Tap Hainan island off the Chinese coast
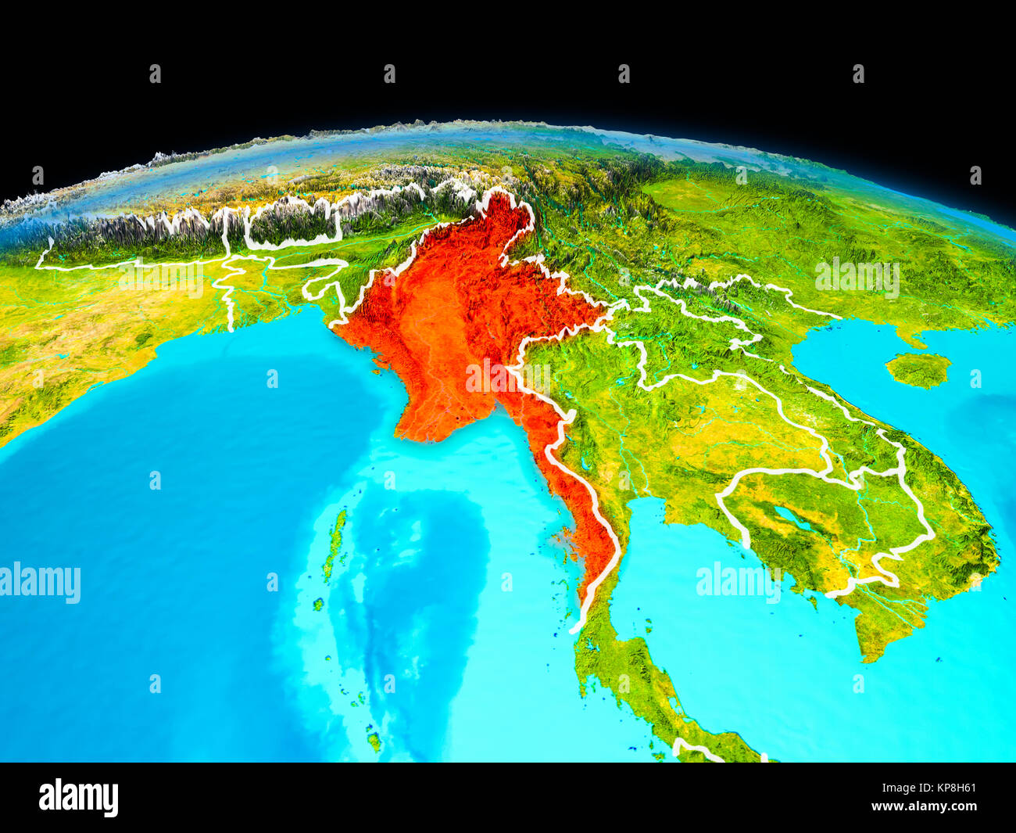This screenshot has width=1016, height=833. [x=918, y=369]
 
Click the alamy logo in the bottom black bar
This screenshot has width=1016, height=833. [x=78, y=797]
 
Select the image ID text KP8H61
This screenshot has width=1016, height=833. [x=948, y=788]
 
